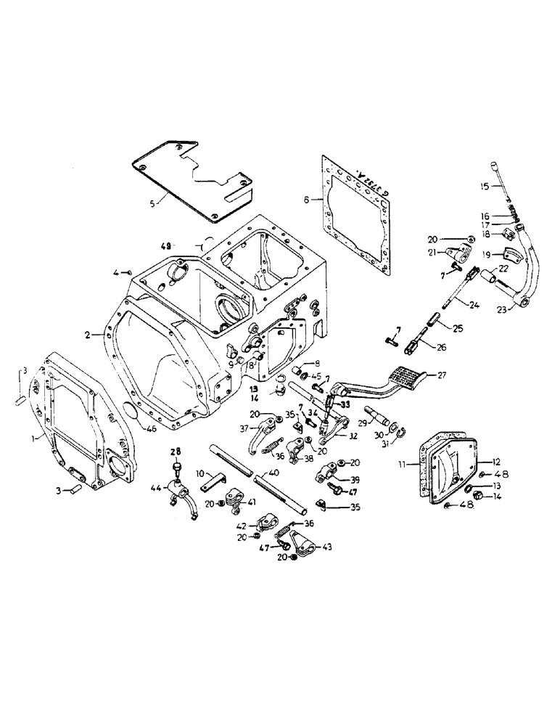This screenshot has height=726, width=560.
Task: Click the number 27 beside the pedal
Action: coord(442,376)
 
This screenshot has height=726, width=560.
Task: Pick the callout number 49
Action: coord(166,246)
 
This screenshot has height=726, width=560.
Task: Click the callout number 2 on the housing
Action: coord(87,335)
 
